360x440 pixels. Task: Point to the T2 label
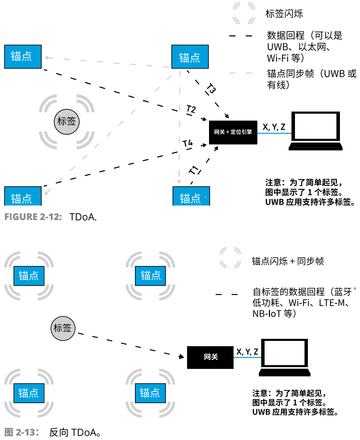(x=191, y=109)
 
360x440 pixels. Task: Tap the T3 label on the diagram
(x=211, y=89)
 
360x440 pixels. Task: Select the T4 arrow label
(x=188, y=143)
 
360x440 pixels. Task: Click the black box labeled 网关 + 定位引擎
(x=233, y=132)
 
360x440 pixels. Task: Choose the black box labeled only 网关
(x=210, y=357)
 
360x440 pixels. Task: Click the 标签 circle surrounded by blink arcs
(x=67, y=121)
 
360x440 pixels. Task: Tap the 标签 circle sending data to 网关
(x=62, y=328)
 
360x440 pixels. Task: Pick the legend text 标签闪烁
(x=284, y=14)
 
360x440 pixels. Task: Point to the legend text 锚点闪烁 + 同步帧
(x=287, y=261)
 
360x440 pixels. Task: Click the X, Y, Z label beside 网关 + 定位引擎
(x=274, y=127)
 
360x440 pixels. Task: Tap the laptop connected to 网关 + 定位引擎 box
(x=315, y=131)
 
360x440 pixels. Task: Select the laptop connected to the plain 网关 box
(x=285, y=358)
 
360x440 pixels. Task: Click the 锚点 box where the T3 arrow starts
(x=190, y=57)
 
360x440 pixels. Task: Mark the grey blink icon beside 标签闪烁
(x=244, y=14)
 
